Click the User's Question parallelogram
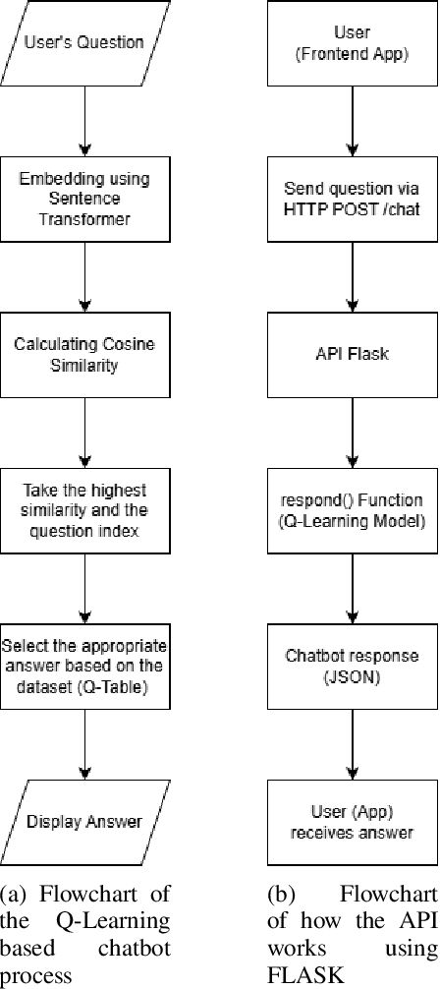85,43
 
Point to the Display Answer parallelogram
85,822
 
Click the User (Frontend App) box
352,45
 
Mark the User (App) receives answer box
352,822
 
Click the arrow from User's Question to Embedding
85,118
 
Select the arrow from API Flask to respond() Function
352,431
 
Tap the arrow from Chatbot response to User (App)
352,743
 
